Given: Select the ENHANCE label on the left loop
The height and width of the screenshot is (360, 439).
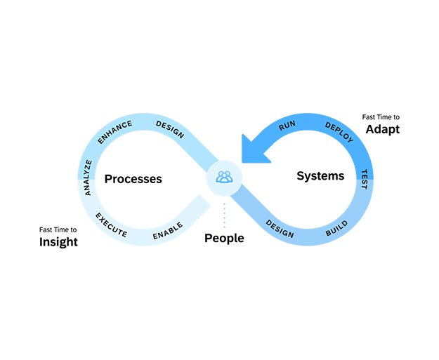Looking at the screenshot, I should tap(114, 132).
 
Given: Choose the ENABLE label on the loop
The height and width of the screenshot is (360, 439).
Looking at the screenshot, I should tap(168, 230).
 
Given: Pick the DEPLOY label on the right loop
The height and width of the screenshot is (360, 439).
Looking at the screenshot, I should tap(339, 133).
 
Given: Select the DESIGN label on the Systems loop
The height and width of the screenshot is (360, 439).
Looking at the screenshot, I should tap(280, 229).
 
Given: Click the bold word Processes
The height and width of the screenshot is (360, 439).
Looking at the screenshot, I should tap(133, 179).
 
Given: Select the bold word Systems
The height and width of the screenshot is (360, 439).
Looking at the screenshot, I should tap(320, 175).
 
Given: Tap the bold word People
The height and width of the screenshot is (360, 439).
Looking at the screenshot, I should tap(224, 239).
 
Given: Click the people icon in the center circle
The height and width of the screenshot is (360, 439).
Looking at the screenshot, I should tap(224, 177).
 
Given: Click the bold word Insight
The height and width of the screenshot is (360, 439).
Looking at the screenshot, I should tap(58, 242).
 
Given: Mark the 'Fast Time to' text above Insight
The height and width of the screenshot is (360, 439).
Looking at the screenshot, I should tap(58, 229).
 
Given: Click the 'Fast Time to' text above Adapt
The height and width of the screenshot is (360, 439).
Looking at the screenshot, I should tap(381, 116).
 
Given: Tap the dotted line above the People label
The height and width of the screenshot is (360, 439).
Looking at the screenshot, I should tap(224, 215).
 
